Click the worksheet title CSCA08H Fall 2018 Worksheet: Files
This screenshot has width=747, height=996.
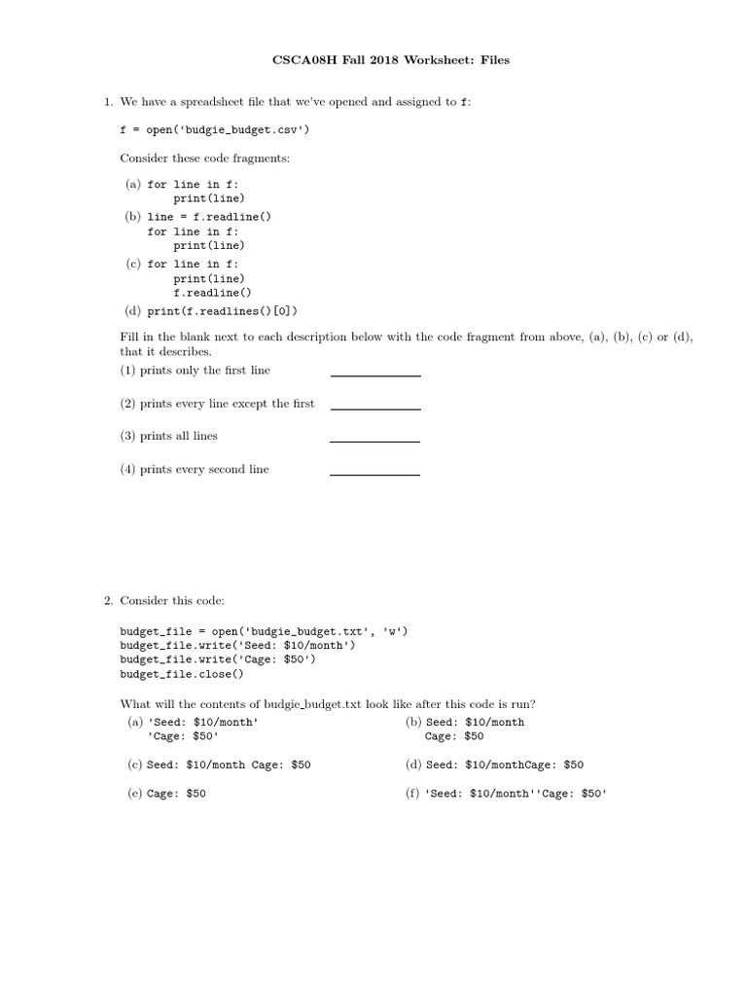coord(389,60)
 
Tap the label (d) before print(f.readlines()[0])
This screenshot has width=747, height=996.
coord(131,311)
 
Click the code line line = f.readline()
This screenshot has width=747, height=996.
coord(209,217)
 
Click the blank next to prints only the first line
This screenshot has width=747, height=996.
coord(375,374)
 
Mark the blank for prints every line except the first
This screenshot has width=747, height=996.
coord(375,408)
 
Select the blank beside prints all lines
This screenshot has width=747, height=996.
coord(375,441)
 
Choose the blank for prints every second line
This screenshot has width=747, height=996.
coord(375,474)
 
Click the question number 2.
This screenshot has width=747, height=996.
coord(108,601)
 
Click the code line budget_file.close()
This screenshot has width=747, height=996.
coord(182,673)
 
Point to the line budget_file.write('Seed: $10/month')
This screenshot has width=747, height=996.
coord(238,645)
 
